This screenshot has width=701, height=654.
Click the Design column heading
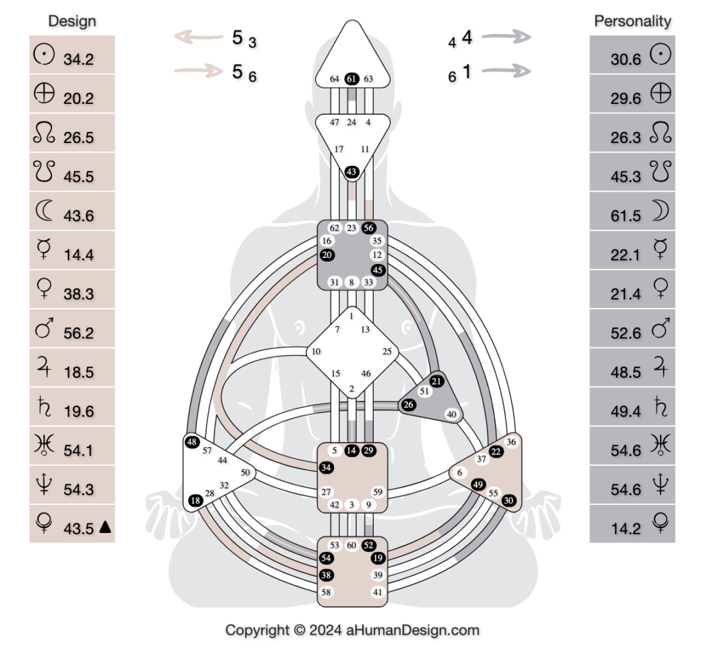pyautogui.click(x=72, y=21)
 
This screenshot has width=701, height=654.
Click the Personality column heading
pyautogui.click(x=632, y=21)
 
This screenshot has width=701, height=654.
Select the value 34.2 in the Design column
pyautogui.click(x=79, y=60)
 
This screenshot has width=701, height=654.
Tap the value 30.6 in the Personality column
pyautogui.click(x=626, y=60)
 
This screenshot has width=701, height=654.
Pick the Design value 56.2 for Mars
pyautogui.click(x=79, y=333)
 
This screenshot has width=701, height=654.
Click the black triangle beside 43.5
pyautogui.click(x=105, y=526)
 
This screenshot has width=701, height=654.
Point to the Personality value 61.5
pyautogui.click(x=626, y=215)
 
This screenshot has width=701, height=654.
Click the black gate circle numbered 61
pyautogui.click(x=352, y=79)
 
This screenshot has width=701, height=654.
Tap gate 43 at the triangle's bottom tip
pyautogui.click(x=352, y=172)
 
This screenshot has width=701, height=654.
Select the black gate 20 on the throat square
pyautogui.click(x=327, y=254)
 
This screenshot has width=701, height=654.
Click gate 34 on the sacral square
pyautogui.click(x=327, y=468)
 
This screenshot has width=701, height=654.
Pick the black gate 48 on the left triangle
pyautogui.click(x=192, y=442)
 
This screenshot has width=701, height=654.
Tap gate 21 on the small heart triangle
pyautogui.click(x=436, y=382)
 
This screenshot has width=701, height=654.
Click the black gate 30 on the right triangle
pyautogui.click(x=509, y=500)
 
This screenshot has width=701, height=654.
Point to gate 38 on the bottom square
pyautogui.click(x=327, y=575)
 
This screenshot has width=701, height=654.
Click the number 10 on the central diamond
pyautogui.click(x=316, y=352)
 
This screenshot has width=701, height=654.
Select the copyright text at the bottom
pyautogui.click(x=353, y=630)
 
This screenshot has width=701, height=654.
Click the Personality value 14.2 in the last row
pyautogui.click(x=626, y=528)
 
